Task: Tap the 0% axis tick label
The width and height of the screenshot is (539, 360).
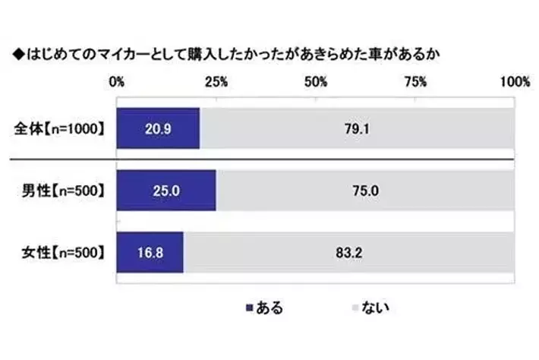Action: tap(117, 82)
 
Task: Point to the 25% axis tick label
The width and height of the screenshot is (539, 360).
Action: tap(216, 82)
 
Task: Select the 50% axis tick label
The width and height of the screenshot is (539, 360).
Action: tap(316, 82)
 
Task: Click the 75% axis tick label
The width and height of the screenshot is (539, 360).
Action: tap(415, 82)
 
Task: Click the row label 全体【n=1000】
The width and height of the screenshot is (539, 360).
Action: tap(60, 128)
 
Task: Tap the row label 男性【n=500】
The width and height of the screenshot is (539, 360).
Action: tap(63, 191)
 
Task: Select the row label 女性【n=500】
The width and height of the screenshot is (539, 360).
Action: tap(63, 253)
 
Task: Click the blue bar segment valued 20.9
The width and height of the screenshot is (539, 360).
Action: tap(158, 128)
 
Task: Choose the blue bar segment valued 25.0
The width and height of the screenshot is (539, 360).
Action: tap(166, 191)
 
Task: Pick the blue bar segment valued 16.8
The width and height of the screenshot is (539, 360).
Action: tap(150, 253)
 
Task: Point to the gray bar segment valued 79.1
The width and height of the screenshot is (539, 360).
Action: tap(356, 128)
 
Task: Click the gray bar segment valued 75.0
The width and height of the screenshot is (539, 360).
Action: tap(364, 191)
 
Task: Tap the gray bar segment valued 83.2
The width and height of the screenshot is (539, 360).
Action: tap(348, 253)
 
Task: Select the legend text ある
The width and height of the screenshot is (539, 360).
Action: tap(269, 308)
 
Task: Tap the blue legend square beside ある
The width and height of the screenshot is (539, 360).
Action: tap(248, 308)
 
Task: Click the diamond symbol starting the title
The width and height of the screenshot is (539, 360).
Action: tap(17, 55)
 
